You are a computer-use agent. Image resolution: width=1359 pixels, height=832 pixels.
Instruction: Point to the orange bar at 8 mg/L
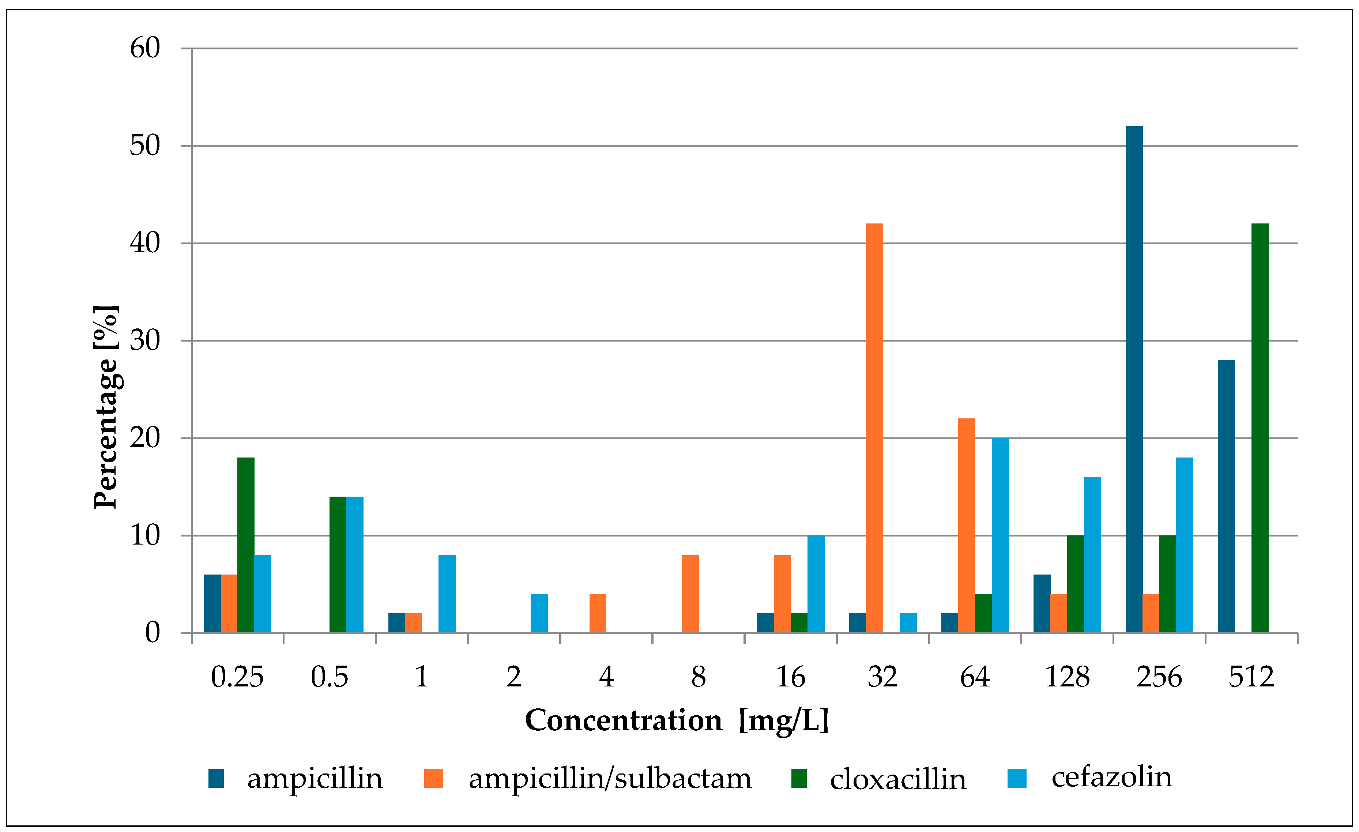point(690,594)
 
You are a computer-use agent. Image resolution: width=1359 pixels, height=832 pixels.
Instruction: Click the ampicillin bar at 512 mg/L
point(1226,496)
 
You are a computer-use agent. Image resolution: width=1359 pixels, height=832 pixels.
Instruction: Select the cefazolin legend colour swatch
point(1016,778)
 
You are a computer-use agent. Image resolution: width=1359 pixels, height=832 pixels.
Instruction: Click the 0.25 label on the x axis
point(237,677)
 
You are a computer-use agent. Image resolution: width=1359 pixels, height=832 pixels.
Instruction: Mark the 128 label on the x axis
point(1067,677)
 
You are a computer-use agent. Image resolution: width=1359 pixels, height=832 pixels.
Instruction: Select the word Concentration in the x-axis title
point(623,720)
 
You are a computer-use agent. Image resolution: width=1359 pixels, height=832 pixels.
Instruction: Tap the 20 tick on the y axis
point(145,438)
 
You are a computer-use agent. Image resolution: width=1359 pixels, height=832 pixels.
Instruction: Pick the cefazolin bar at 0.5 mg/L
point(355,565)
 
